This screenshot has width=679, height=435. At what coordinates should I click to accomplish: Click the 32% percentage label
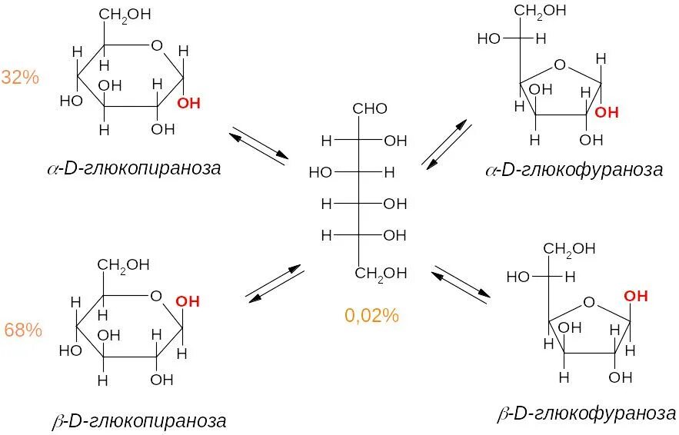coord(20,78)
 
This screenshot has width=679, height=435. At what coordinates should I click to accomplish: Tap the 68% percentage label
coord(23,330)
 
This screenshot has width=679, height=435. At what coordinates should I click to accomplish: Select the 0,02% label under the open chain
coord(372,315)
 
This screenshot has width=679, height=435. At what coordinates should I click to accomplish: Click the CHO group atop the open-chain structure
coord(369,108)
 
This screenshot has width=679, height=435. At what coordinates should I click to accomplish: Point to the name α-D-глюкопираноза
coord(133,168)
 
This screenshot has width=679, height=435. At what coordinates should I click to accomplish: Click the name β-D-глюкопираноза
coord(138,420)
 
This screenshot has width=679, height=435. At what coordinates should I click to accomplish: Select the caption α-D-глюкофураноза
coord(574,169)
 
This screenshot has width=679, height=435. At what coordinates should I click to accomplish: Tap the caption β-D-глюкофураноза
coord(586,414)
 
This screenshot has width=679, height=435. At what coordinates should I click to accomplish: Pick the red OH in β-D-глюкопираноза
coord(188,301)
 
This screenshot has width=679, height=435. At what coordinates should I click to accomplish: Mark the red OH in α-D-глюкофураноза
coord(606,113)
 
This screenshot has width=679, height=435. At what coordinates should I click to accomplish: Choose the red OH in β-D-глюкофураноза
coord(636,295)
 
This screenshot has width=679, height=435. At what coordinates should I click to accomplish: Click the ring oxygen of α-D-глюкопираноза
coord(157,45)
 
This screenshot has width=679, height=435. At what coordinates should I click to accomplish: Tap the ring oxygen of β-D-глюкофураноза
coord(589,302)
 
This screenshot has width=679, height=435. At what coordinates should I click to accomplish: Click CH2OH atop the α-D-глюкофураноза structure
coord(541,11)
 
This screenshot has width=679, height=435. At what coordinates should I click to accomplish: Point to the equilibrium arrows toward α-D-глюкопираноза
coord(258,145)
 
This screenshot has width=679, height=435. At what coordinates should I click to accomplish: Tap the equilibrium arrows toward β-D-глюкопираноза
coord(274,282)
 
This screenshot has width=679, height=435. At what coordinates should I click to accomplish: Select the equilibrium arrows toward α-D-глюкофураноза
coord(447,144)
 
